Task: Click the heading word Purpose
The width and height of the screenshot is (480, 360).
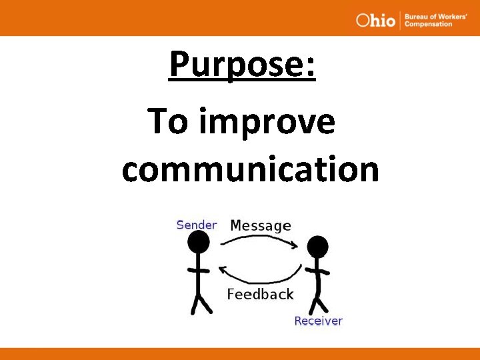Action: point(237,65)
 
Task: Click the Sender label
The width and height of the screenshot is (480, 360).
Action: point(196,225)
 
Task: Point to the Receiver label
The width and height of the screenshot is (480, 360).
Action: point(318,321)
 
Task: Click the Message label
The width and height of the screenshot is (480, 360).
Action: point(260,226)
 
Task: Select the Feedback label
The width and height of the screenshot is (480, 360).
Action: point(260,294)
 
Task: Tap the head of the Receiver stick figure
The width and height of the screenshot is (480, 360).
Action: point(318,247)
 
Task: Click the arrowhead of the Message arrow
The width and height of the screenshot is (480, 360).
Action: point(294,246)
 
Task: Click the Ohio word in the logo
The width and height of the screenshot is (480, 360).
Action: point(375,20)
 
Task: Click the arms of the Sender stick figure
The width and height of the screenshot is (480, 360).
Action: point(198,270)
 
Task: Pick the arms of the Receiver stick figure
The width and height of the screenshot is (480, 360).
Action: point(317,271)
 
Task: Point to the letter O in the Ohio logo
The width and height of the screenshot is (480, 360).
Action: point(363,20)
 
